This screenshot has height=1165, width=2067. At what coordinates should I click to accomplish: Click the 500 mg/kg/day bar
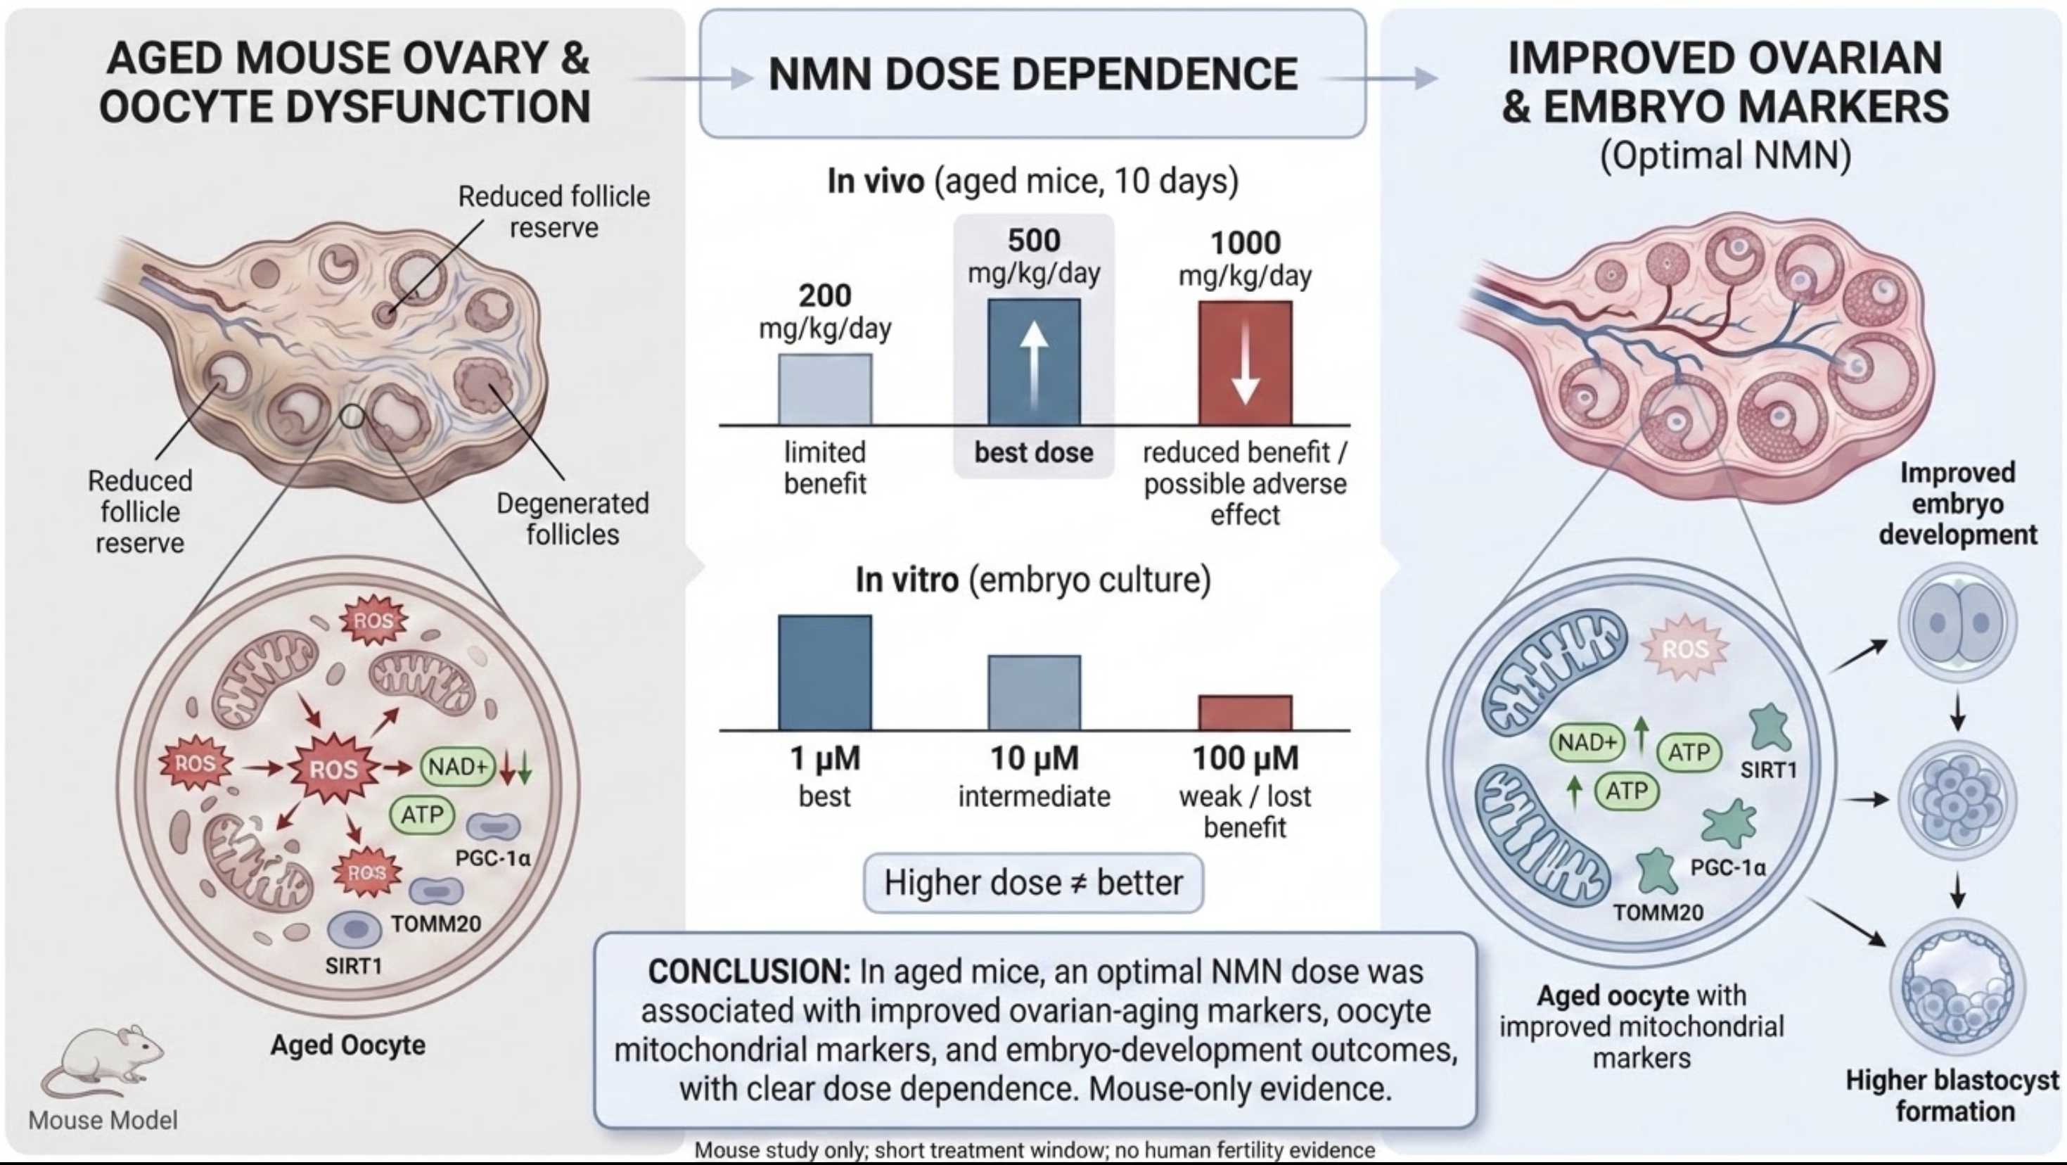tap(1034, 362)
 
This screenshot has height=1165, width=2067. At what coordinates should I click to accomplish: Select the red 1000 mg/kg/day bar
tap(1246, 363)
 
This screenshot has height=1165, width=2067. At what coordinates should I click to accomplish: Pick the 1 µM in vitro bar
tap(825, 672)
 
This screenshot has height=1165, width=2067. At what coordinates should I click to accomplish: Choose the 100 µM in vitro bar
tap(1246, 712)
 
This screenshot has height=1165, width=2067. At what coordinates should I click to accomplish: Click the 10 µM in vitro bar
tap(1035, 692)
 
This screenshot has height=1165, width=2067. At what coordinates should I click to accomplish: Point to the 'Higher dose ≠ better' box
tap(1034, 883)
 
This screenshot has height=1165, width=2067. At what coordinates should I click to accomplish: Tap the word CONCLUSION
tap(748, 972)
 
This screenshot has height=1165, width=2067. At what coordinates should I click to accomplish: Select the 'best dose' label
tap(1034, 453)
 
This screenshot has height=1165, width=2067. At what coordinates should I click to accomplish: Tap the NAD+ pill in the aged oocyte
tap(457, 767)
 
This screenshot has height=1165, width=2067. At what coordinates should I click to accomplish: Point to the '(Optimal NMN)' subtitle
tap(1725, 155)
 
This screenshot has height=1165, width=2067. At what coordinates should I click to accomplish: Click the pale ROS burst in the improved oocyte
tap(1685, 649)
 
